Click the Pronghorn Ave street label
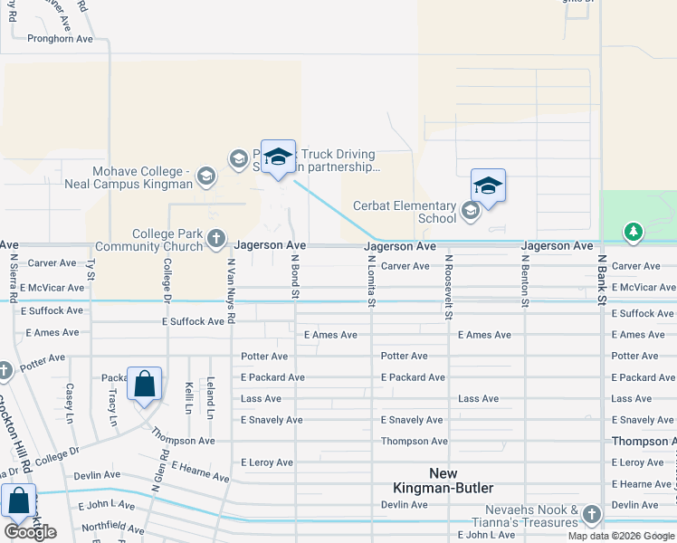coord(61,39)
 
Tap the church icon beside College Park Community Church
coord(215,239)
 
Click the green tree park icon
coord(634,233)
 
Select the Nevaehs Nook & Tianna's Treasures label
coord(525,516)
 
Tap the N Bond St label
coord(295,279)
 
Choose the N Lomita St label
coord(371,281)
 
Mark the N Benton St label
coord(524,281)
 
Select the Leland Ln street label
coord(210,397)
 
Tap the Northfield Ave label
coord(112,529)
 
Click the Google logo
coord(30,531)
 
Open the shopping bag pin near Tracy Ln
coord(145,385)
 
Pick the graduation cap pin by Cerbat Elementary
coord(488,186)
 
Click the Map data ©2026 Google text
coord(621,536)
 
